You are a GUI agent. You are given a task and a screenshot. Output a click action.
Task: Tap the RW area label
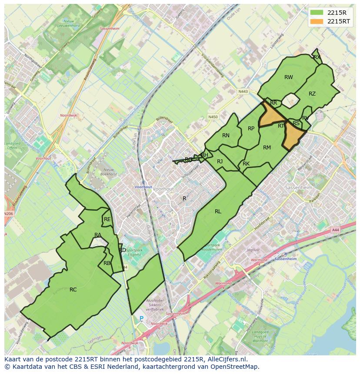pos(289,77)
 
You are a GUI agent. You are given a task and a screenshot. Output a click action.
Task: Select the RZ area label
pos(312,94)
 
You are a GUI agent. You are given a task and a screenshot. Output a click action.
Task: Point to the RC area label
pos(73,289)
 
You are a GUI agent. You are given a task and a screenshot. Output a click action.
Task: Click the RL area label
pos(218,212)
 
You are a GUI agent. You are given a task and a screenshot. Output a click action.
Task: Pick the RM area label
pos(267,148)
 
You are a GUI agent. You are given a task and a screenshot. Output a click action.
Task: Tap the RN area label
pos(226,136)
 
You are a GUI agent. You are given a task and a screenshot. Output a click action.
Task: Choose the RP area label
pos(251,129)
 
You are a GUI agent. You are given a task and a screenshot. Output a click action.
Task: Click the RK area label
pos(246,164)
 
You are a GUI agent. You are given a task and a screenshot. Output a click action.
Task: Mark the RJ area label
pos(220,162)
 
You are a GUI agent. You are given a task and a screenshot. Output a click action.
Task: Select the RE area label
pos(107,220)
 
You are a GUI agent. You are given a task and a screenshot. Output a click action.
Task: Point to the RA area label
pos(98,235)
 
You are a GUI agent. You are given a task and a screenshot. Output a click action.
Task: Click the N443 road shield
pos(243,92)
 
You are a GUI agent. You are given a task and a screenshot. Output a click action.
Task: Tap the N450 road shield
pos(213,117)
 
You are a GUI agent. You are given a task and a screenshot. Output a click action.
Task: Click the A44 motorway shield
pos(335,230)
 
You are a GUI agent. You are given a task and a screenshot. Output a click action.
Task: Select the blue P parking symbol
pos(141,319)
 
